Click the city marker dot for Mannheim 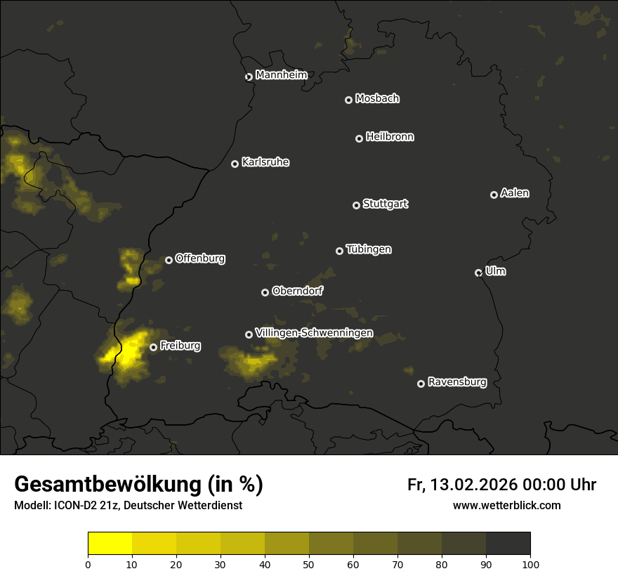pos(249,77)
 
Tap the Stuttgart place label pos(385,204)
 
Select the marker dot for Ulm pos(478,273)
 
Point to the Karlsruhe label pos(265,162)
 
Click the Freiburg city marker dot pos(153,347)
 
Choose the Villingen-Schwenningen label pos(314,333)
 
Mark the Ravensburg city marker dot pos(421,384)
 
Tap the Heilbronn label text pos(390,137)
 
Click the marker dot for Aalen pos(494,195)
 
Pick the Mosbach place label pos(377,98)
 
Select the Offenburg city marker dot pos(169,260)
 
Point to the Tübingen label pos(369,249)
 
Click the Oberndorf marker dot pos(265,292)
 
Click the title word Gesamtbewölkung pos(108,485)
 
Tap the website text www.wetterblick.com pos(506,505)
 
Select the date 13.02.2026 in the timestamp pos(474,485)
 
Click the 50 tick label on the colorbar pos(309,564)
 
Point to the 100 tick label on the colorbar pos(530,564)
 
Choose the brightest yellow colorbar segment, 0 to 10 pos(110,544)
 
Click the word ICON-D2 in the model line pos(74,505)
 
